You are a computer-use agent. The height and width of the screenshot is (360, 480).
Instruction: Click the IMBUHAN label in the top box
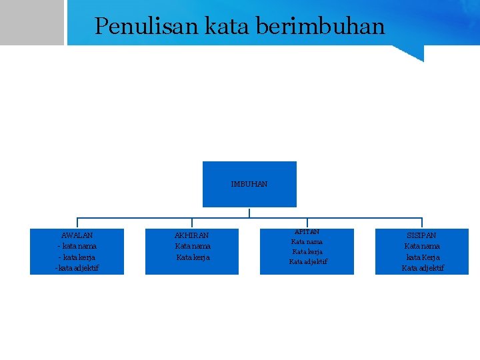tap(249, 184)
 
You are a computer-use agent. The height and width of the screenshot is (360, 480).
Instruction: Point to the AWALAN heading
tap(77, 235)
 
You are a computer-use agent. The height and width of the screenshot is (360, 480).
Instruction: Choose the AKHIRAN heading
tap(191, 235)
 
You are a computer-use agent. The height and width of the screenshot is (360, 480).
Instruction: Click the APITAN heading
tap(307, 231)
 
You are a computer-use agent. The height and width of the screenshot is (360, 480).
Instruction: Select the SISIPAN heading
tap(422, 235)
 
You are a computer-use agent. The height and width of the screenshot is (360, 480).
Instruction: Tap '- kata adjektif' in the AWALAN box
tap(77, 268)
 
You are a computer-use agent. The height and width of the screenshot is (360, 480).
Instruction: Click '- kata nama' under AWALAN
tap(77, 246)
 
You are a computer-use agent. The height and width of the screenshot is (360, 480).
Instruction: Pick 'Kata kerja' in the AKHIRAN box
tap(193, 257)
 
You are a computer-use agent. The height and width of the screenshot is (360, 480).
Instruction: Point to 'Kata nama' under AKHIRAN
tap(193, 246)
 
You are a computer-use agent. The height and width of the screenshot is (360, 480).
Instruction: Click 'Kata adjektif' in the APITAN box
tap(308, 262)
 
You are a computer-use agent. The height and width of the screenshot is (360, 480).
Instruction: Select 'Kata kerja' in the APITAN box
tap(307, 252)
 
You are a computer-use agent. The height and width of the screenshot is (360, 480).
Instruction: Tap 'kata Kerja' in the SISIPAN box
tap(423, 257)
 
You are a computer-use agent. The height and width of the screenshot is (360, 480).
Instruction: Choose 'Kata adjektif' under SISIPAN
tap(423, 268)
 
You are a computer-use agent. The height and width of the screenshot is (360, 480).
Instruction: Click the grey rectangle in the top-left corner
tap(31, 22)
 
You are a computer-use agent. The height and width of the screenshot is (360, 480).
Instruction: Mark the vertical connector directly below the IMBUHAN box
tap(249, 213)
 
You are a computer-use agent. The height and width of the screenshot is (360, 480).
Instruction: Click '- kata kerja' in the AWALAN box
tap(77, 257)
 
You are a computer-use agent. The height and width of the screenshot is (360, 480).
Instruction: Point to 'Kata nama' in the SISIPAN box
tap(422, 246)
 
